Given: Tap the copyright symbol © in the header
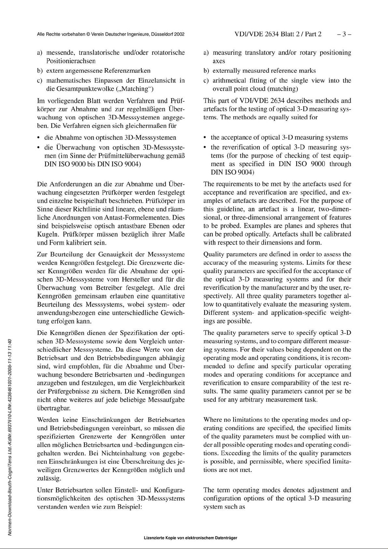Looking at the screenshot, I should coord(88,34).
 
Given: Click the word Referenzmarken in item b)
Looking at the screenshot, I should coord(127,71).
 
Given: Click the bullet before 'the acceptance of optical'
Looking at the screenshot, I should coord(205,138).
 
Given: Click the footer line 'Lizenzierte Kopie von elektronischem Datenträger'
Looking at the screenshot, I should coord(190,538).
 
